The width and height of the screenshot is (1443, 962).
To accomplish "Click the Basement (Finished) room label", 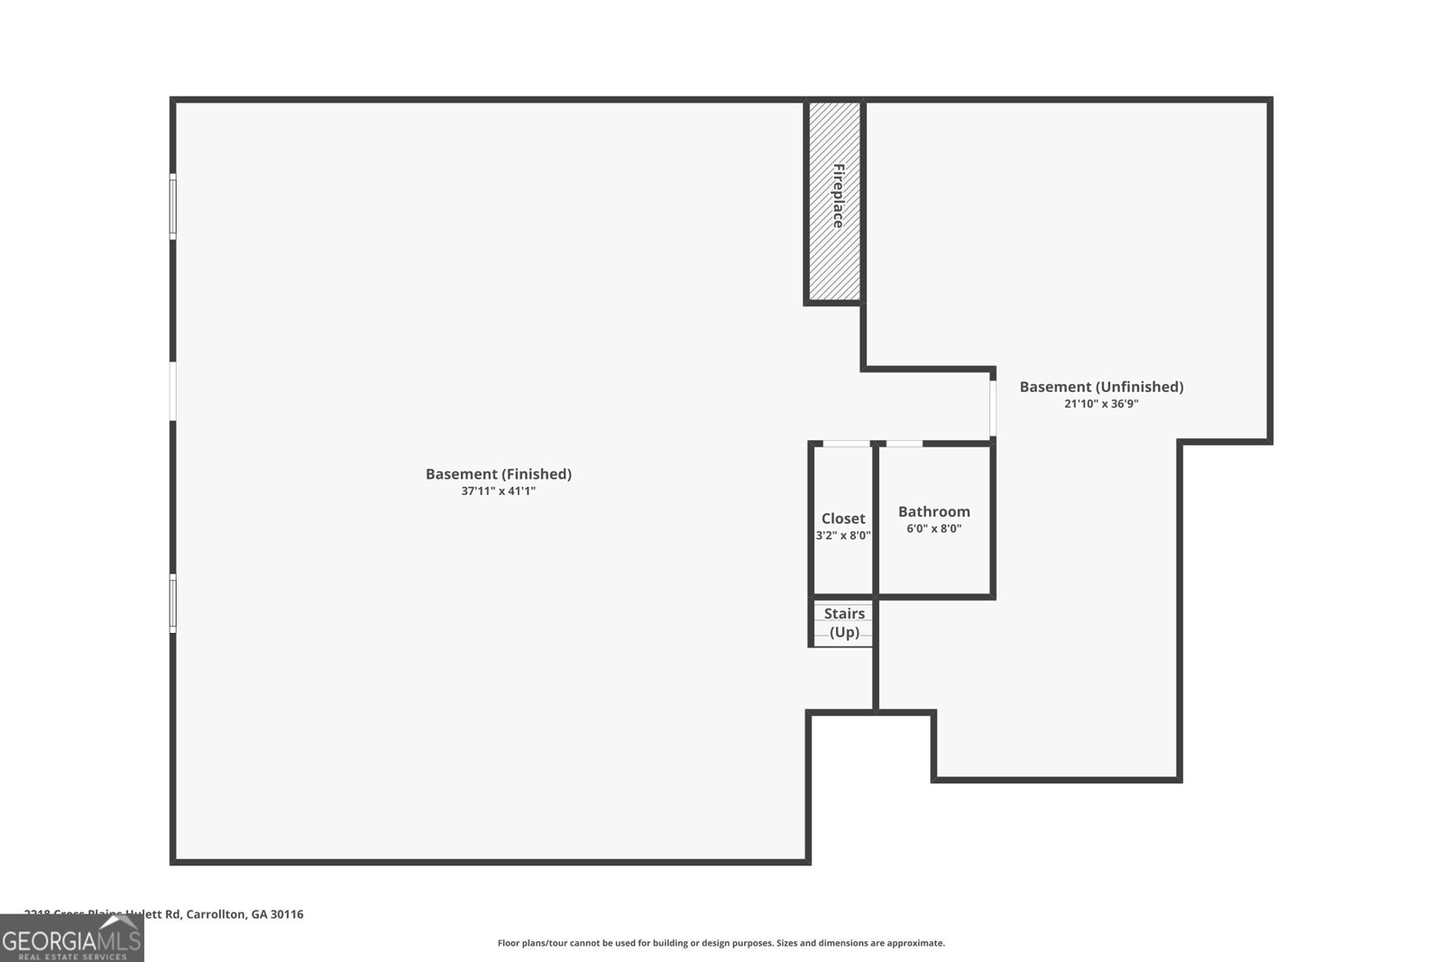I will (x=498, y=474).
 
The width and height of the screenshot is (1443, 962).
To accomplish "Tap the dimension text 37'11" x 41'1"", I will (x=498, y=491).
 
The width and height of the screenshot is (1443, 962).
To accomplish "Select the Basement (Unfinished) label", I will (x=1101, y=387).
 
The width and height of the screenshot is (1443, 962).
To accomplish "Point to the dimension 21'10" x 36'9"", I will (x=1101, y=404).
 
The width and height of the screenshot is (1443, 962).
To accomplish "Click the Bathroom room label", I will (x=933, y=511).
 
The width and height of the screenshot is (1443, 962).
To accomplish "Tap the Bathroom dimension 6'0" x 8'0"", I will (x=933, y=528).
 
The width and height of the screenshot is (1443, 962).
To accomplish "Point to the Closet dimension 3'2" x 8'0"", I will (x=843, y=536).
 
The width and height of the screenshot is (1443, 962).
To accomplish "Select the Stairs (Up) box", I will (x=843, y=623).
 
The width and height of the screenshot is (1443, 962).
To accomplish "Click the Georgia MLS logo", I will (x=71, y=939).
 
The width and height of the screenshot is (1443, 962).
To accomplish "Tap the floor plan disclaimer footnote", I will (x=721, y=943).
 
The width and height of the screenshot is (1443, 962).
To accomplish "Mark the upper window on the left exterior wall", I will (x=173, y=206).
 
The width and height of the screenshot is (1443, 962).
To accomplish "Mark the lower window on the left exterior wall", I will (x=173, y=603).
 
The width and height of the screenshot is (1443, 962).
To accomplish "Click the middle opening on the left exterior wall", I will (x=173, y=391).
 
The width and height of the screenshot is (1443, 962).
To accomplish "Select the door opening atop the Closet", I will (x=847, y=444).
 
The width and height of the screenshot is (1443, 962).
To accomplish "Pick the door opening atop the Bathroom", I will (x=905, y=444).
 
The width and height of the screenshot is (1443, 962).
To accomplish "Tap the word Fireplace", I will (x=838, y=196).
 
